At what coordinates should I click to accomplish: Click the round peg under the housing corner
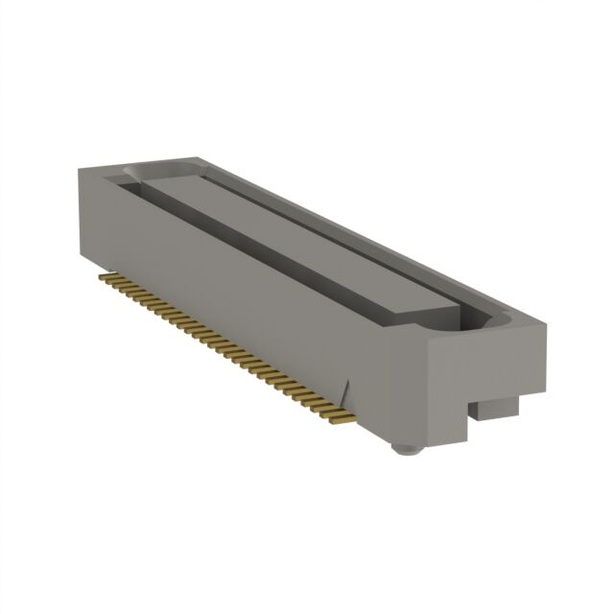tap(407, 447)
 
